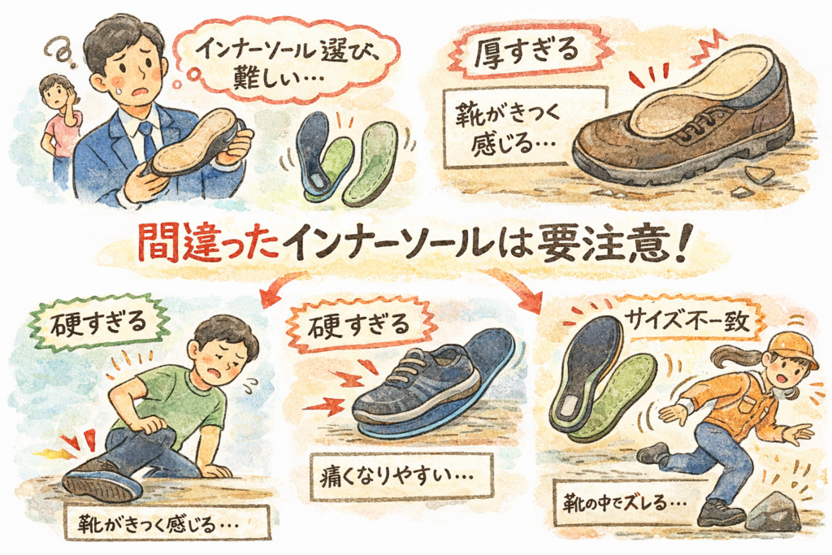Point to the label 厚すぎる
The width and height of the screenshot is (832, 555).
click(526, 52)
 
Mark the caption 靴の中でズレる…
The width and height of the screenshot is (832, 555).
click(622, 502)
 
